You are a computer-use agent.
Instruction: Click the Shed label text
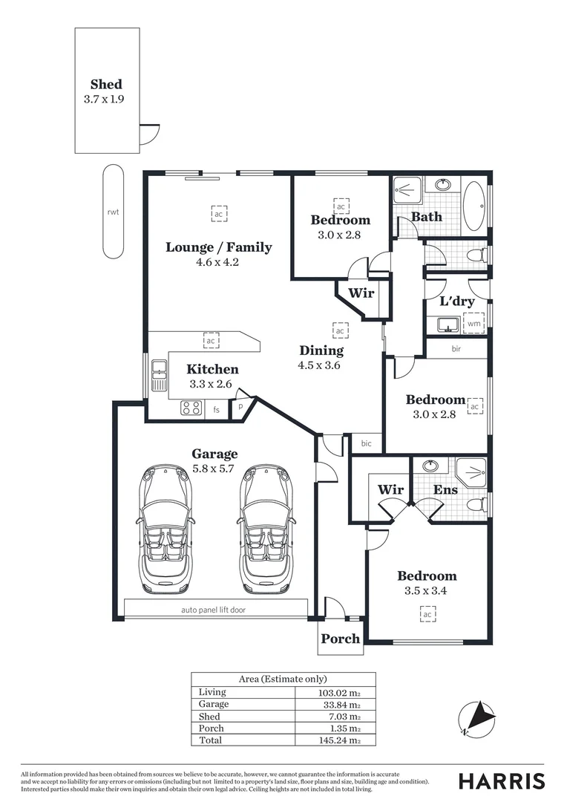pyautogui.click(x=106, y=84)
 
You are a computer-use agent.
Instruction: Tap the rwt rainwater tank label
pyautogui.click(x=113, y=212)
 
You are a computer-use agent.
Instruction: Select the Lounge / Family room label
pyautogui.click(x=218, y=247)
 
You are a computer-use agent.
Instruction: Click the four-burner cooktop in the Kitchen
pyautogui.click(x=191, y=408)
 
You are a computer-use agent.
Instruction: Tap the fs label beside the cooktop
pyautogui.click(x=217, y=409)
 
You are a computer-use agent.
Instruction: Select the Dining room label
pyautogui.click(x=321, y=351)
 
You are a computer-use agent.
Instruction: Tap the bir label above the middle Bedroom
pyautogui.click(x=456, y=348)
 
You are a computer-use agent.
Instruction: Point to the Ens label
pyautogui.click(x=445, y=490)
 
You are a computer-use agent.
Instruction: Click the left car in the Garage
pyautogui.click(x=166, y=529)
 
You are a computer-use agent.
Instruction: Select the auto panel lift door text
pyautogui.click(x=213, y=610)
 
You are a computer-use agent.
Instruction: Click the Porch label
pyautogui.click(x=341, y=639)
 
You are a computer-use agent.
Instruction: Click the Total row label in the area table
pyautogui.click(x=210, y=740)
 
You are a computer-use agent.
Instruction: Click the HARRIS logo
pyautogui.click(x=501, y=780)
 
